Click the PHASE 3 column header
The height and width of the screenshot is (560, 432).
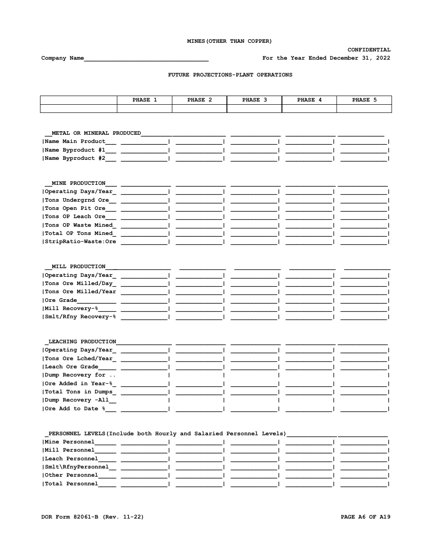tap(254, 100)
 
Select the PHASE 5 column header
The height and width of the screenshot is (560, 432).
tap(364, 100)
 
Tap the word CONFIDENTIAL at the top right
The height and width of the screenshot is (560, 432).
tap(369, 50)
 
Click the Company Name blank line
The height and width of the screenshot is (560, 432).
tap(146, 58)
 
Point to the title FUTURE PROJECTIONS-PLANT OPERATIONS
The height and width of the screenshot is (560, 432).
tap(230, 75)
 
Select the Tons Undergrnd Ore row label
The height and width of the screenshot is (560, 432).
tap(77, 200)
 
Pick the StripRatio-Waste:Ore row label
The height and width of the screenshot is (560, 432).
tap(80, 242)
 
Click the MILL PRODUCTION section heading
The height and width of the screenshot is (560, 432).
tap(78, 267)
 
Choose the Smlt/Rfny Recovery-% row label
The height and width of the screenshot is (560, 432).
tap(80, 317)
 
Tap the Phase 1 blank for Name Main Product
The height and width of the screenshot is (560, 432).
tap(144, 142)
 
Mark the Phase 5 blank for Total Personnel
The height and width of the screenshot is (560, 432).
tap(364, 484)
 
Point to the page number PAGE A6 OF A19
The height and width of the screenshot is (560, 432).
tap(366, 517)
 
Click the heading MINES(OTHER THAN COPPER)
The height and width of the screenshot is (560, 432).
tap(230, 41)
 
